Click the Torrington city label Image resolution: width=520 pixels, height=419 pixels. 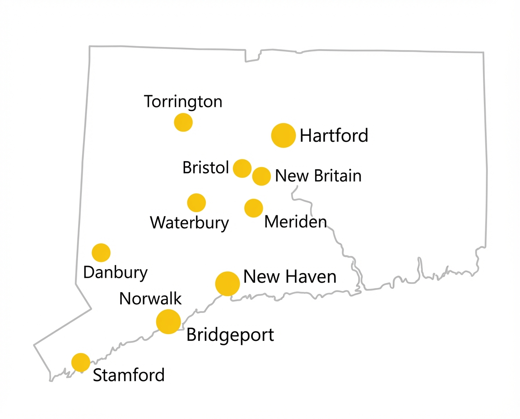(x=183, y=102)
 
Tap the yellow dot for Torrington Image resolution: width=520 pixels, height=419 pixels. (x=183, y=122)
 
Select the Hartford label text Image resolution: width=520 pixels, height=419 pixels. (x=334, y=135)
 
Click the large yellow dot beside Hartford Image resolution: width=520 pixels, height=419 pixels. (x=283, y=135)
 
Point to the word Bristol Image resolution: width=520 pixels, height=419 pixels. (x=206, y=168)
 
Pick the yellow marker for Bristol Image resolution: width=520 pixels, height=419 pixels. (x=242, y=168)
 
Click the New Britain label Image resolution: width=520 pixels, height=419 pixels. (x=318, y=176)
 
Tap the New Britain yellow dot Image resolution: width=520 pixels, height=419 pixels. (x=261, y=176)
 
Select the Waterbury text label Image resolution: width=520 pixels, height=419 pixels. (x=190, y=223)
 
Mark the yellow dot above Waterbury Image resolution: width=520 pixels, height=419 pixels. (x=196, y=203)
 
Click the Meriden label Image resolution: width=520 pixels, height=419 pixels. (x=296, y=222)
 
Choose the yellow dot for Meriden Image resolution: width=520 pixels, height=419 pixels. (x=254, y=208)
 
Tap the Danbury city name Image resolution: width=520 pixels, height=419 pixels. (x=116, y=273)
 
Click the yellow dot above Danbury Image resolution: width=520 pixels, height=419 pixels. (x=101, y=252)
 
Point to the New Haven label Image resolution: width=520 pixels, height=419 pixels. (x=290, y=277)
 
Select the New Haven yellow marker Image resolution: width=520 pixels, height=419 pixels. (x=227, y=284)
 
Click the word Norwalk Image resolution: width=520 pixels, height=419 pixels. (x=150, y=298)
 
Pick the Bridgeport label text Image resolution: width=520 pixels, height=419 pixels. (x=230, y=335)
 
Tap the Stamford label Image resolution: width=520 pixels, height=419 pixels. (x=129, y=375)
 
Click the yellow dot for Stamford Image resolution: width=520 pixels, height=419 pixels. (x=81, y=362)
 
